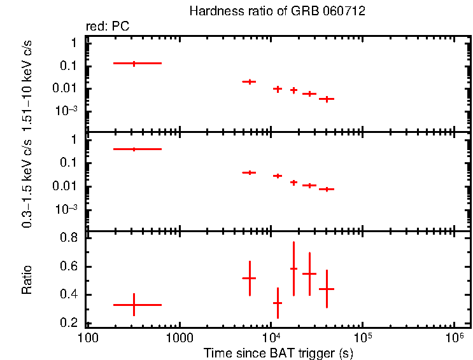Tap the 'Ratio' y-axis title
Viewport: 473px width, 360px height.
click(x=27, y=280)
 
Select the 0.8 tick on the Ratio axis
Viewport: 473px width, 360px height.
click(x=69, y=238)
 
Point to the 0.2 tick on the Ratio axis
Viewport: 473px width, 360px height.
click(x=69, y=323)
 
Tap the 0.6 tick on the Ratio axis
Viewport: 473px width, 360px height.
click(x=69, y=267)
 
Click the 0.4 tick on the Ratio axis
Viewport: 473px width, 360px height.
click(x=69, y=295)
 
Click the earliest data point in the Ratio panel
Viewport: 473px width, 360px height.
click(x=134, y=305)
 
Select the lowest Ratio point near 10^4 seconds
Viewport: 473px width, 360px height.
click(x=278, y=303)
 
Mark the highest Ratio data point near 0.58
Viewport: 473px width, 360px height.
click(x=293, y=268)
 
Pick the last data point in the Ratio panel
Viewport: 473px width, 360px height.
click(x=327, y=289)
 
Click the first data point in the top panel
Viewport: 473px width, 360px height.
click(x=134, y=64)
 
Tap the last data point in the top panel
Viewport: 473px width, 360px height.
click(x=327, y=99)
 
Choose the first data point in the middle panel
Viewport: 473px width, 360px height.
click(x=134, y=149)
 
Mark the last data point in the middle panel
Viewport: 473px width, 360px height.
click(x=327, y=189)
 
